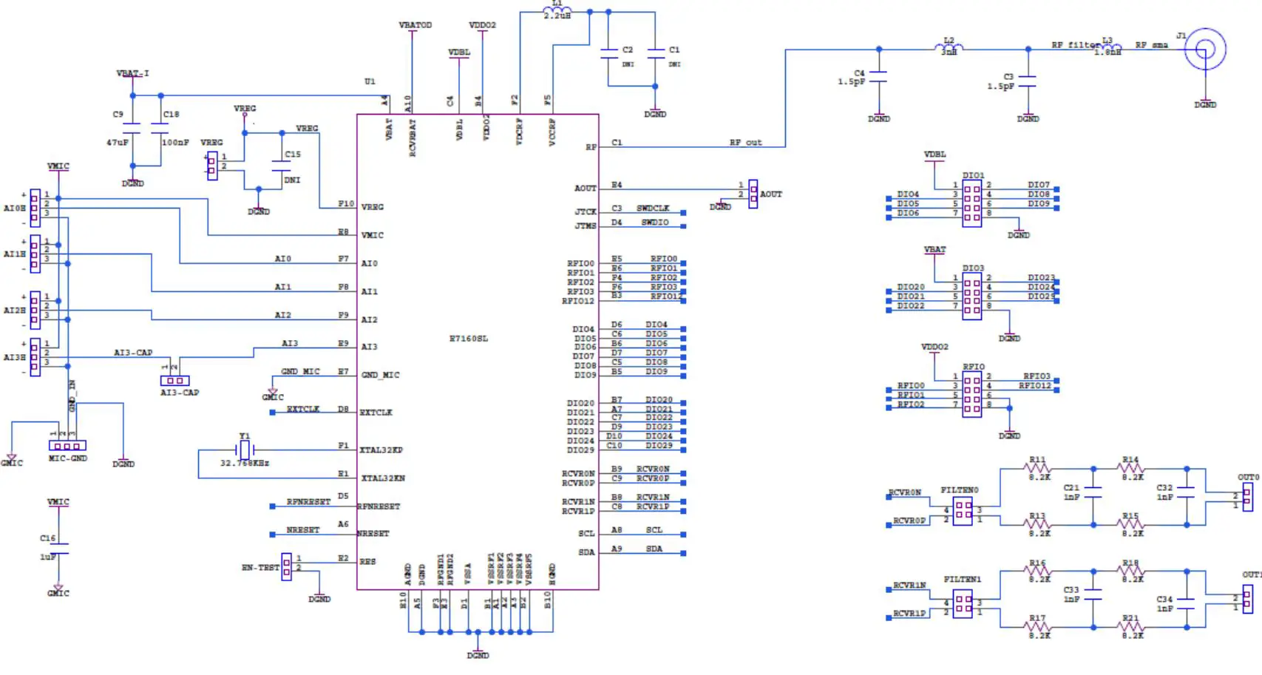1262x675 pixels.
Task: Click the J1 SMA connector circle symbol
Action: coord(1205,50)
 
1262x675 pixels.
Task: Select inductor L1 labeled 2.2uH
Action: coord(557,11)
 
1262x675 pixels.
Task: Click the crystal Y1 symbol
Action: coord(245,450)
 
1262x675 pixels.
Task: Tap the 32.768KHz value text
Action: coord(245,464)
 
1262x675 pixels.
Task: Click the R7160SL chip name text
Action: coord(469,339)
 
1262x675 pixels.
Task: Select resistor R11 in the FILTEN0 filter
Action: coord(1038,469)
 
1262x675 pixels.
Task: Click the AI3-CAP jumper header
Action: coord(175,381)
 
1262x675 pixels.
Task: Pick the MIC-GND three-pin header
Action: coord(67,446)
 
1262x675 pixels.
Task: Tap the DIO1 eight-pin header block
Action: coord(972,203)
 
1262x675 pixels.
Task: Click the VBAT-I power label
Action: coord(132,73)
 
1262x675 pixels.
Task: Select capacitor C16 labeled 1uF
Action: coord(58,548)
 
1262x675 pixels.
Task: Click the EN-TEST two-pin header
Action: coord(286,567)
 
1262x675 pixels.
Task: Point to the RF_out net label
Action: coord(745,142)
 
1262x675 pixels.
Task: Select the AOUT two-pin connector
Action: coord(753,194)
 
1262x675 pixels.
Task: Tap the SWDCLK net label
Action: coord(653,208)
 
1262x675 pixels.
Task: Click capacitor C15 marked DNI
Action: coord(282,166)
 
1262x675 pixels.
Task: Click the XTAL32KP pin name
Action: coord(381,450)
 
